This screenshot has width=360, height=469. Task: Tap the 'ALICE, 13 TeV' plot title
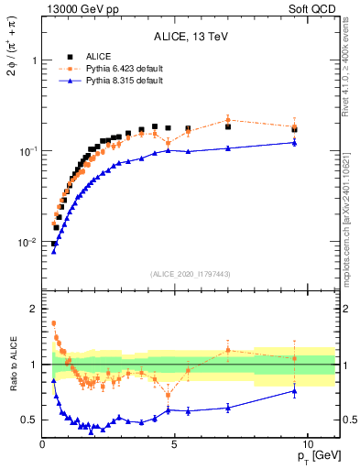[x=191, y=38]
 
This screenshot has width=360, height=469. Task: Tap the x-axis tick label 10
[x=307, y=443]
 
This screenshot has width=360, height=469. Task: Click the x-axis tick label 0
[x=42, y=443]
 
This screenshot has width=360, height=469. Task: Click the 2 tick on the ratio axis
[x=33, y=309]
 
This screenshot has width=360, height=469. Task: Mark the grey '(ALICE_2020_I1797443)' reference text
[x=191, y=274]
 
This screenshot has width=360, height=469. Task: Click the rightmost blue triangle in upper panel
[x=294, y=142]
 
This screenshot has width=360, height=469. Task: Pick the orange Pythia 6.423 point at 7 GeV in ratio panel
[x=228, y=350]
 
